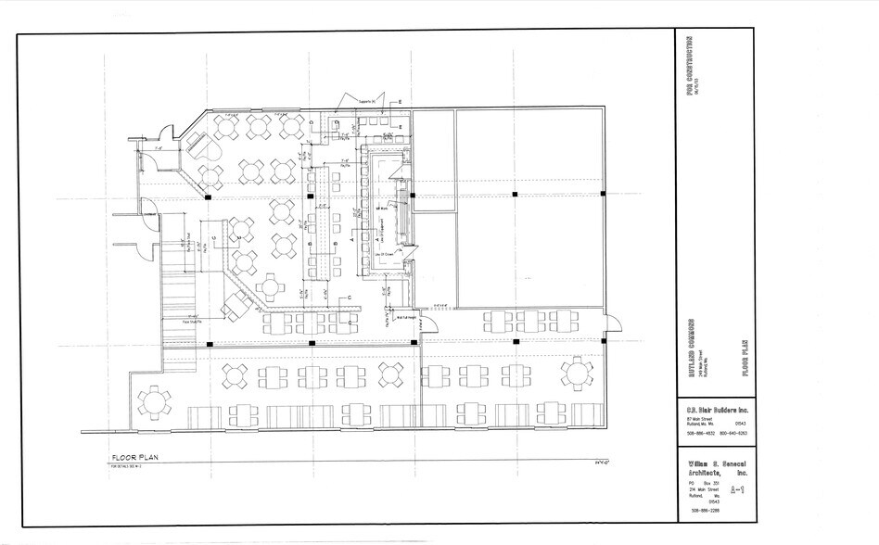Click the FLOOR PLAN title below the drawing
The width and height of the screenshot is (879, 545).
(x=138, y=458)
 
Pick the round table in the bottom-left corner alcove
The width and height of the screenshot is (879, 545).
(x=152, y=402)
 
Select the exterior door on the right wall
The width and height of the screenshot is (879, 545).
(x=612, y=323)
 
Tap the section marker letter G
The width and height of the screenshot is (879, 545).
(x=213, y=237)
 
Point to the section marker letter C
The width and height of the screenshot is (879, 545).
(x=349, y=297)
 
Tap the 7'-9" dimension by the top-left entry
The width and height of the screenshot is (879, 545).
(x=159, y=146)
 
